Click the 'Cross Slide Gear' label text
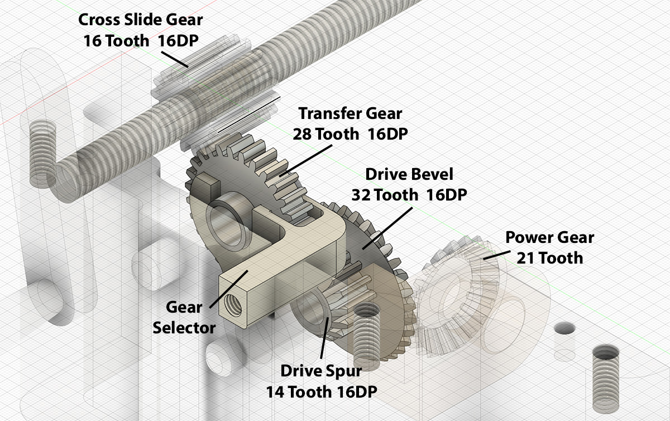(x=140, y=20)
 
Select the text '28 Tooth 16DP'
(x=350, y=134)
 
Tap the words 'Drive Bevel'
(x=409, y=174)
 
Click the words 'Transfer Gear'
(x=350, y=113)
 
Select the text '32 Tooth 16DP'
(x=409, y=195)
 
